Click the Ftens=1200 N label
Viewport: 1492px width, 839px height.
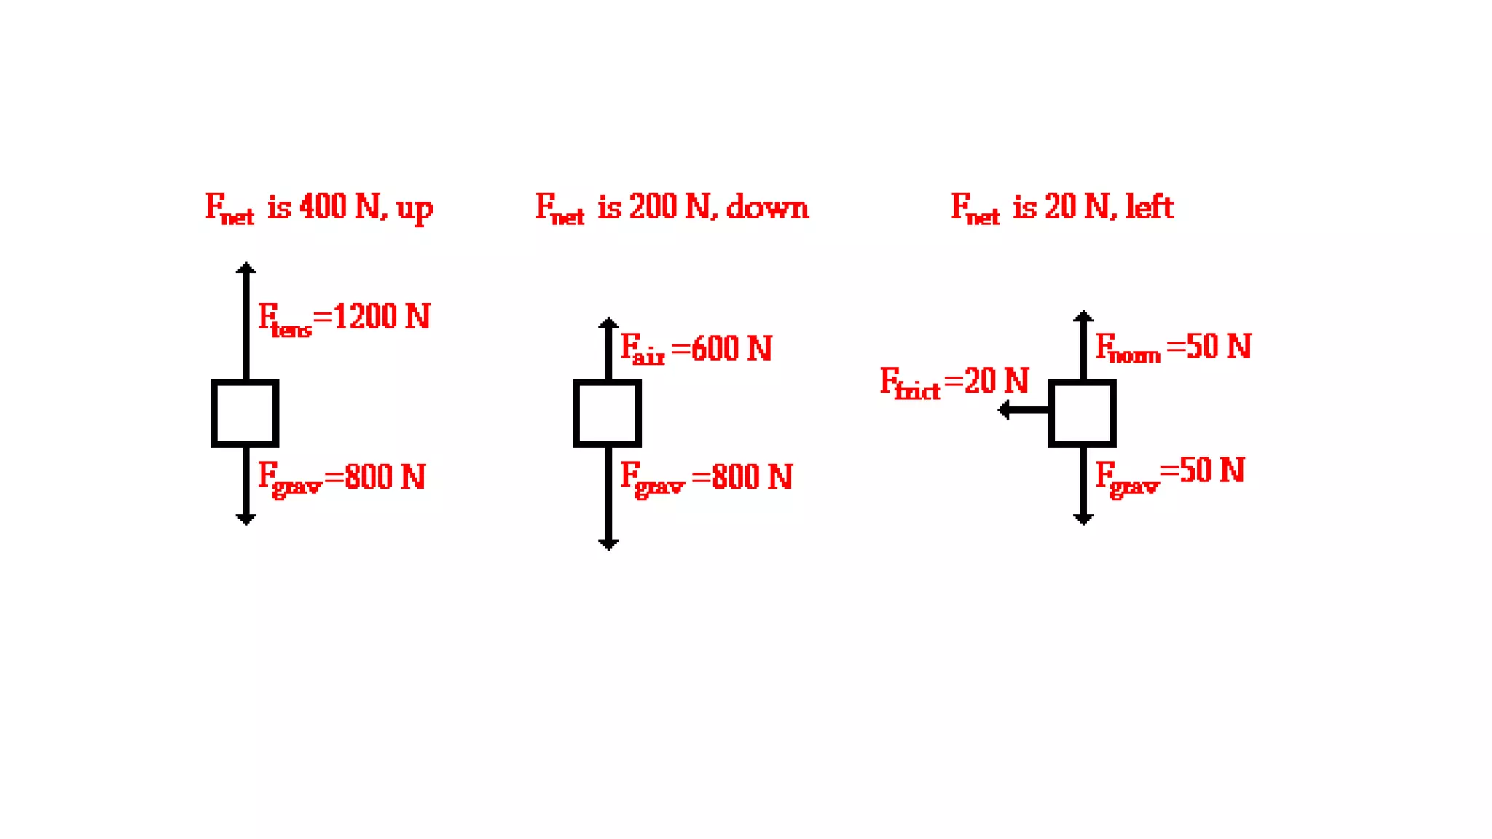[344, 318]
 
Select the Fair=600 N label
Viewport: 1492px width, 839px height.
[696, 348]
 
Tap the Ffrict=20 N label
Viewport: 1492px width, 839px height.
[954, 382]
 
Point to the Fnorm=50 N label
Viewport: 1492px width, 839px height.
[1173, 347]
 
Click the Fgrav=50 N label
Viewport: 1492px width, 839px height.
[1170, 473]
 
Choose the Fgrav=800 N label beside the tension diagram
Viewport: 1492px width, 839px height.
[341, 478]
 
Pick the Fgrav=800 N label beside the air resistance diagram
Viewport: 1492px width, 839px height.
[706, 478]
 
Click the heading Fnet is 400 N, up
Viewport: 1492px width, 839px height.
[319, 208]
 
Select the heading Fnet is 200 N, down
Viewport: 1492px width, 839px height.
[672, 208]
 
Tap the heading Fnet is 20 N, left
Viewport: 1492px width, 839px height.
[1062, 208]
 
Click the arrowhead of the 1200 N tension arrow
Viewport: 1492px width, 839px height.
[246, 268]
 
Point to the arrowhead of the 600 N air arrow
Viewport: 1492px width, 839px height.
[608, 323]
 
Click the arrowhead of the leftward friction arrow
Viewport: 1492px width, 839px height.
[1004, 410]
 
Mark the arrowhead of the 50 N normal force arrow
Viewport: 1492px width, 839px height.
[1083, 316]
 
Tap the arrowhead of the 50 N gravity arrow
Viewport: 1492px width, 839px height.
[1083, 519]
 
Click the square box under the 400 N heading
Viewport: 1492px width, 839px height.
[245, 413]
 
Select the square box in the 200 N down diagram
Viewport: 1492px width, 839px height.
[608, 413]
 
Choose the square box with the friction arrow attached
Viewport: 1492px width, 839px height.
[1083, 413]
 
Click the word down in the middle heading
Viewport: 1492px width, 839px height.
[767, 208]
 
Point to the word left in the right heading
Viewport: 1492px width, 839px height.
[1150, 208]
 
